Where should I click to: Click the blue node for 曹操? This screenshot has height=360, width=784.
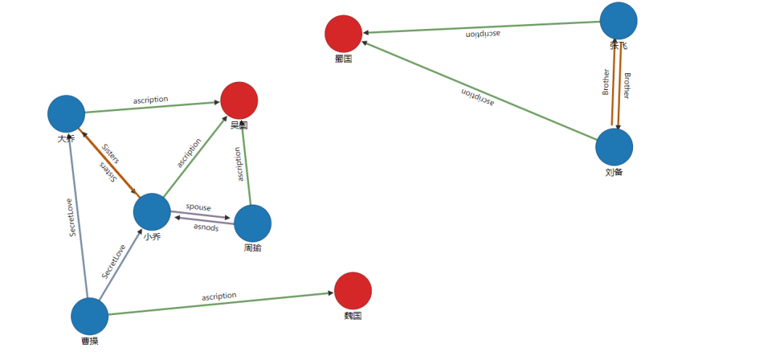[x=89, y=316]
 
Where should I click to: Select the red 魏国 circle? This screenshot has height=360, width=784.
[x=353, y=290]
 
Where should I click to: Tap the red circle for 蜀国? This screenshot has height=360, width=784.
[x=343, y=33]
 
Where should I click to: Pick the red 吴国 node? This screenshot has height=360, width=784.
[x=239, y=100]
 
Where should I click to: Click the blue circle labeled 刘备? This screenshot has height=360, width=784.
[x=614, y=147]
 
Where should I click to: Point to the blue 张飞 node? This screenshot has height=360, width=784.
[x=618, y=21]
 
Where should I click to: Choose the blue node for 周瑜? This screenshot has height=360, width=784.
[x=253, y=224]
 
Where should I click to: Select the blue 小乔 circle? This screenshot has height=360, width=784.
[x=152, y=212]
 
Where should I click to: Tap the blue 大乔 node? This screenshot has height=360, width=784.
[x=66, y=114]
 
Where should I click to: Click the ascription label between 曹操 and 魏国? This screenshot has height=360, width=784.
[x=219, y=296]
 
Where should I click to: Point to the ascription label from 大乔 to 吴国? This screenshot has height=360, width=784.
[x=151, y=99]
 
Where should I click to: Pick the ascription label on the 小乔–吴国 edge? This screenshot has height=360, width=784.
[x=189, y=153]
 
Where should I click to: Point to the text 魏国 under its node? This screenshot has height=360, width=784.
[x=353, y=316]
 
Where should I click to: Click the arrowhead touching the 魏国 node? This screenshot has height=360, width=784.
[x=330, y=293]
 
